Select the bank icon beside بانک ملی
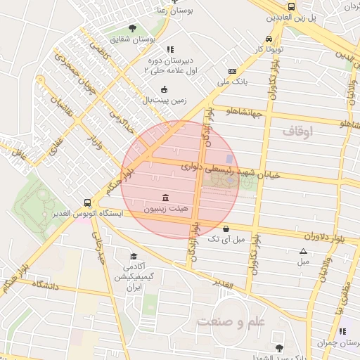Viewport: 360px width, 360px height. click(x=232, y=71)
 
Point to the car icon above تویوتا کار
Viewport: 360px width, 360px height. click(x=269, y=39)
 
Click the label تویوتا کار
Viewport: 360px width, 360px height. click(x=269, y=50)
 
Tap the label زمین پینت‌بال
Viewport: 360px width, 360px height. click(x=165, y=101)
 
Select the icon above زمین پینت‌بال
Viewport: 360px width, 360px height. click(x=165, y=89)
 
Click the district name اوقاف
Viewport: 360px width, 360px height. click(x=297, y=131)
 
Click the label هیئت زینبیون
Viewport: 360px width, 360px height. click(x=165, y=209)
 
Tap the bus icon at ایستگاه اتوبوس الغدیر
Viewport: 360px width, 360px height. click(x=87, y=201)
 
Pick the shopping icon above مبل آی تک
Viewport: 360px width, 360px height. click(x=225, y=229)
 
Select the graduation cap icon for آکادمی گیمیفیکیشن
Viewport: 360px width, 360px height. click(x=134, y=256)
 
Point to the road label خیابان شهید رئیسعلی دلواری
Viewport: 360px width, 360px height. click(x=231, y=171)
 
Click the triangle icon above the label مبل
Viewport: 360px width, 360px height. click(x=303, y=251)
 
